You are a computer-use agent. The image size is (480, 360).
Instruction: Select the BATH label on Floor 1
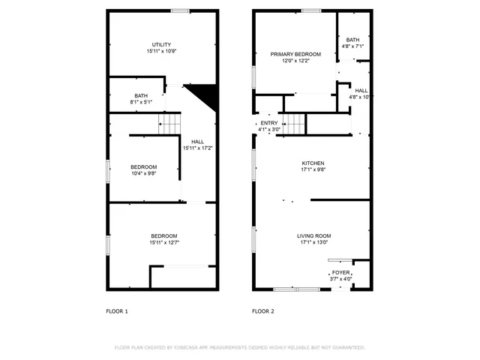click(x=141, y=95)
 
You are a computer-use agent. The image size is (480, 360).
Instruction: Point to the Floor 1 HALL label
click(x=197, y=142)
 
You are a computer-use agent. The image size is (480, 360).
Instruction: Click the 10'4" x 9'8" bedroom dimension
click(x=143, y=173)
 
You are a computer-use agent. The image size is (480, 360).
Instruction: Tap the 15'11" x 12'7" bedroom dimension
click(x=164, y=242)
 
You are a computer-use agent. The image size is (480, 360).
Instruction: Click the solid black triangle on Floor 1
click(x=204, y=94)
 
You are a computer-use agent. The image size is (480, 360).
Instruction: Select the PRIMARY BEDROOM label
click(x=295, y=54)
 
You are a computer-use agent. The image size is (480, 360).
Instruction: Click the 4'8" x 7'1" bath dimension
click(x=352, y=46)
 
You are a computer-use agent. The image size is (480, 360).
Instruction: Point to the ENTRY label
click(x=268, y=123)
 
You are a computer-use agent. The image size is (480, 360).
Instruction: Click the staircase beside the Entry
click(x=295, y=123)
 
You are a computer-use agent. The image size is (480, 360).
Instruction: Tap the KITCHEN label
click(x=313, y=163)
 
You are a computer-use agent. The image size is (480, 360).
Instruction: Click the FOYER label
click(x=340, y=272)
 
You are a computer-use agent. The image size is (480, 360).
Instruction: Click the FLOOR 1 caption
click(x=116, y=311)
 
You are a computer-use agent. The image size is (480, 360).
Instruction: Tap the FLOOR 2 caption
click(x=262, y=311)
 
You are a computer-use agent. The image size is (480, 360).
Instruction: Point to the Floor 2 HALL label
click(x=361, y=90)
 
